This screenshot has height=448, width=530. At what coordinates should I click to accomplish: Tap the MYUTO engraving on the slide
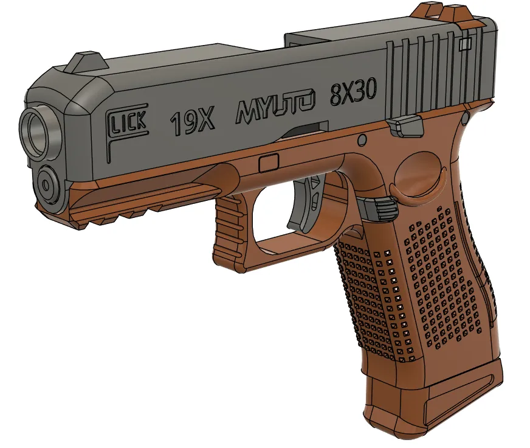276,108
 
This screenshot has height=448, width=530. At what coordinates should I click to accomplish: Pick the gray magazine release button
379,207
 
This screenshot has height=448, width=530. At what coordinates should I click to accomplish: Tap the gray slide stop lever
405,125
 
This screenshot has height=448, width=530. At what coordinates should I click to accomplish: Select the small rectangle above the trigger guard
269,163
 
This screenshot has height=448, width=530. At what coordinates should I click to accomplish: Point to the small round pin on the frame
362,141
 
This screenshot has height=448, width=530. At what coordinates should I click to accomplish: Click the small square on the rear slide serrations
467,43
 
